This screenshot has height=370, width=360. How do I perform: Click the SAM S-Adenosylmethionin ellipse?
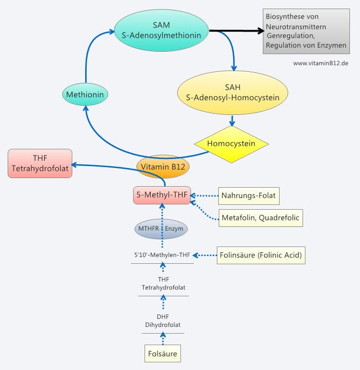[161, 30]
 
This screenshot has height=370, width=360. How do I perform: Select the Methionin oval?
[85, 95]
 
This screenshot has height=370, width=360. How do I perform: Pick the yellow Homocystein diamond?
[231, 144]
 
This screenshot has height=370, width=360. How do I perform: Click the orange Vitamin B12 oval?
[163, 167]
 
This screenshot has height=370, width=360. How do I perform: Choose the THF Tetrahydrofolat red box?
[40, 163]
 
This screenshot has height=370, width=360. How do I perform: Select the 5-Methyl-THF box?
[162, 195]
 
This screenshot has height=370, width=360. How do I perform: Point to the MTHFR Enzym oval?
[161, 229]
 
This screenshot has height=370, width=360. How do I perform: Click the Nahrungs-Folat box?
[248, 195]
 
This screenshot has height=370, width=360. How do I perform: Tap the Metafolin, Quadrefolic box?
[260, 218]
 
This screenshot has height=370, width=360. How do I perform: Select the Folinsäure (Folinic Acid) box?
[261, 255]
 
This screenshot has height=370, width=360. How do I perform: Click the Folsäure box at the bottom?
[163, 354]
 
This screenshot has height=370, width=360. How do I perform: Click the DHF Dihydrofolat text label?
[163, 321]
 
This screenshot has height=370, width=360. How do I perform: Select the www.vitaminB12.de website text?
[320, 63]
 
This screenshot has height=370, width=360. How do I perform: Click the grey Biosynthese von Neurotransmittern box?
[306, 31]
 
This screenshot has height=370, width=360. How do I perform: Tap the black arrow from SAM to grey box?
[236, 32]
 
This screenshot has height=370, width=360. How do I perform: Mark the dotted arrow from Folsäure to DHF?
[163, 339]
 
